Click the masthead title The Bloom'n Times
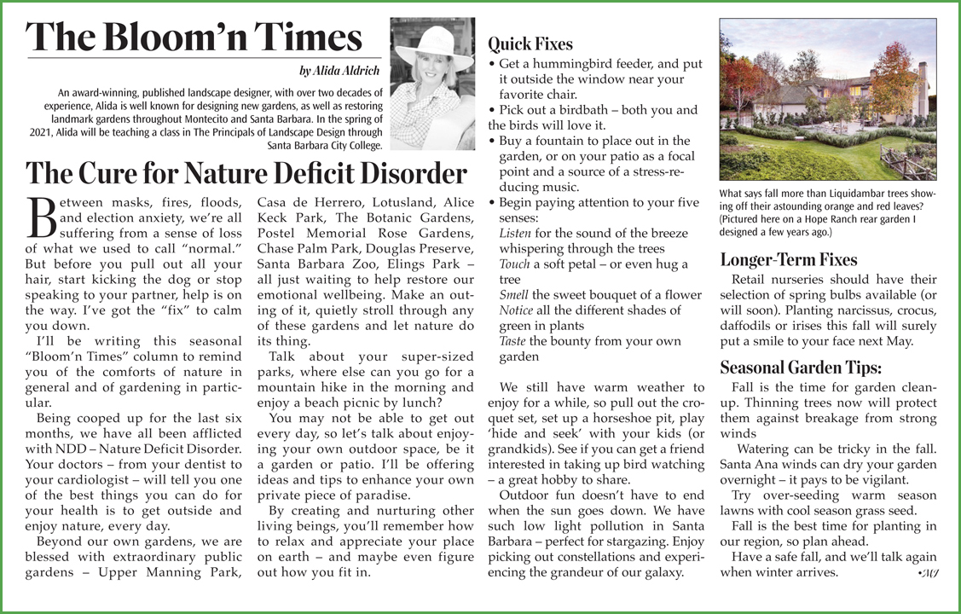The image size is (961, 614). pos(194,38)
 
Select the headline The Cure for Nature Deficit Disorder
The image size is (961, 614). pos(247,173)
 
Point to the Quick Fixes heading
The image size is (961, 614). pos(530,43)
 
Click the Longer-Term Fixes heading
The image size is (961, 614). pos(789,259)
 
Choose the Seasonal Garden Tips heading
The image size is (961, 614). pos(801,368)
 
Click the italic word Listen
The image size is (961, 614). pos(515,233)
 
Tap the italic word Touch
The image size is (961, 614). pos(515,264)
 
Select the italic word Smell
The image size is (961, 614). pos(514,295)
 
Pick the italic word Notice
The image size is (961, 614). pos(517,310)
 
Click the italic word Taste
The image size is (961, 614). pos(513,340)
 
